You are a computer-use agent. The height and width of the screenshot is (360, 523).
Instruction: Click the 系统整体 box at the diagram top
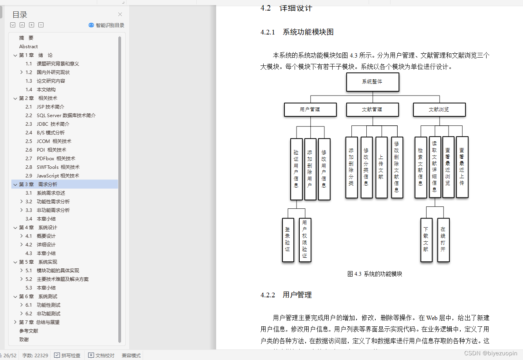click(373, 82)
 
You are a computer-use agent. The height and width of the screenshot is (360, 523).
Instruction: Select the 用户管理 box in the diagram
click(310, 110)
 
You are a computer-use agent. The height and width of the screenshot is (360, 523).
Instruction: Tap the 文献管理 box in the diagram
click(372, 110)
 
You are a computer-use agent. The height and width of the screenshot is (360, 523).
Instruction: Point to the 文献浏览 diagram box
click(439, 110)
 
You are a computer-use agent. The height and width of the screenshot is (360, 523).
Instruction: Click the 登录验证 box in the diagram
click(288, 239)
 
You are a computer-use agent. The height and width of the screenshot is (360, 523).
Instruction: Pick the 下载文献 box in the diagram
click(426, 239)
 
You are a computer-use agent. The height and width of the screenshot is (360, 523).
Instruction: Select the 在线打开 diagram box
click(443, 239)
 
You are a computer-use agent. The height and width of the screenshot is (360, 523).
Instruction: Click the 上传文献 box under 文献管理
click(381, 167)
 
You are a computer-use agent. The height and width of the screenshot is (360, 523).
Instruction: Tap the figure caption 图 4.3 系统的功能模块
click(375, 274)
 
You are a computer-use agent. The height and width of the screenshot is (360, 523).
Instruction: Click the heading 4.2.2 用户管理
click(286, 295)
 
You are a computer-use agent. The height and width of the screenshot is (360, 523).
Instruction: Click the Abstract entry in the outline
click(29, 47)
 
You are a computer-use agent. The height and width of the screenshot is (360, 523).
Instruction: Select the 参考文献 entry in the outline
click(29, 331)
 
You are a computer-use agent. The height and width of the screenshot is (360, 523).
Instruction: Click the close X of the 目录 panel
click(120, 14)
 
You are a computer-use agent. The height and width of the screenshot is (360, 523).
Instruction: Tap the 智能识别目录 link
click(107, 25)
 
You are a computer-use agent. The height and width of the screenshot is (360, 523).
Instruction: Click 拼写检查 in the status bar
click(67, 355)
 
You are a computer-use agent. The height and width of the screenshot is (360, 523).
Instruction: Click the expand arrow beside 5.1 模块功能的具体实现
click(22, 271)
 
